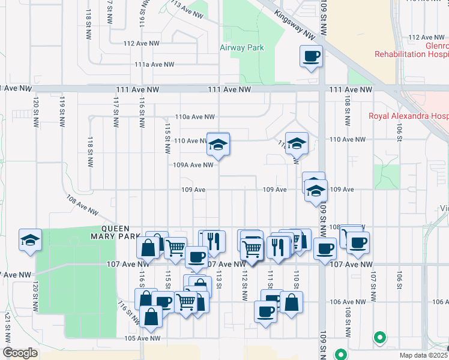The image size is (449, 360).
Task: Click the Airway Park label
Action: coord(242,48)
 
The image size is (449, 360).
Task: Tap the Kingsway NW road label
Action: coord(294,24)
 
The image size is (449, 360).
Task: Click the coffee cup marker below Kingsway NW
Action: coord(311,57)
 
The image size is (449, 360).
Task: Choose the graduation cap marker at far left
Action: coord(30,241)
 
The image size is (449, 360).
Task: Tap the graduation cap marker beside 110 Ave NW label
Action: coord(218,145)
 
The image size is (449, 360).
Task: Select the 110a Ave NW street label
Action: coord(194,117)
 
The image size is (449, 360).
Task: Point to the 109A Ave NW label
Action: coord(193,164)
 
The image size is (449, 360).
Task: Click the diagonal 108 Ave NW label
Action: coord(82,203)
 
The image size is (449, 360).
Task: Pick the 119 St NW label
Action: coord(62,111)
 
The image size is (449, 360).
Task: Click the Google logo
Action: coord(20,353)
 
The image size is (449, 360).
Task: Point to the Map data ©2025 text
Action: coord(423,355)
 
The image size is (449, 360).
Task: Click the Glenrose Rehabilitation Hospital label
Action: coord(411,50)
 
